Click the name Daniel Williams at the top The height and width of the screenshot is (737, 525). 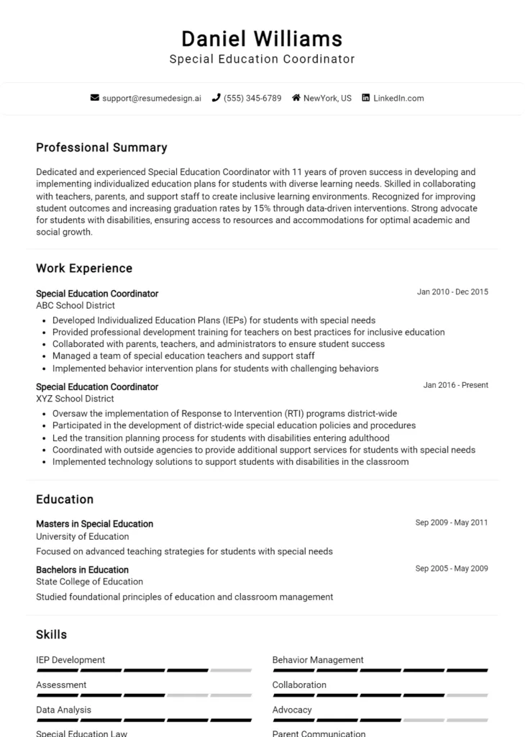coord(262,38)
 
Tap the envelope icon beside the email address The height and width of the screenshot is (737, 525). coord(94,98)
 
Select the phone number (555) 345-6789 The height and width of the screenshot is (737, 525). coord(252,98)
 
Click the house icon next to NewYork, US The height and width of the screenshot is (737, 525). coord(296,98)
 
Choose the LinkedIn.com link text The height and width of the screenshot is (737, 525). coord(398,98)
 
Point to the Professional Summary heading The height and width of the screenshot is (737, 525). coord(101,148)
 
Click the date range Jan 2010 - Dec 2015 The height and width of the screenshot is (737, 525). coord(452,292)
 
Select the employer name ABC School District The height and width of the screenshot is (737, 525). coord(75,305)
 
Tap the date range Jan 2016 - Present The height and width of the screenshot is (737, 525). coord(455,385)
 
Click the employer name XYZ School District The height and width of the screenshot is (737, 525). coord(75,399)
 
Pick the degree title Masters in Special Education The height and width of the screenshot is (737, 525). coord(94,524)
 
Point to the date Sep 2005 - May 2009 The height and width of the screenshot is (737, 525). coord(452,569)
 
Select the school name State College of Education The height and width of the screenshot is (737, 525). coord(89,582)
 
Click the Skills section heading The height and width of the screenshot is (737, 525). coord(51,635)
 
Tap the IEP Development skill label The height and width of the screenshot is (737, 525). coord(70,660)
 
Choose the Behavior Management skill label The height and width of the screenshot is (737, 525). coord(318,660)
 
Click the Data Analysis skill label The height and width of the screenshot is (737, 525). coord(63,710)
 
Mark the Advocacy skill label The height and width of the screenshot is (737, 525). coord(292,710)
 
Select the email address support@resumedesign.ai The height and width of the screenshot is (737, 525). coord(152,98)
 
